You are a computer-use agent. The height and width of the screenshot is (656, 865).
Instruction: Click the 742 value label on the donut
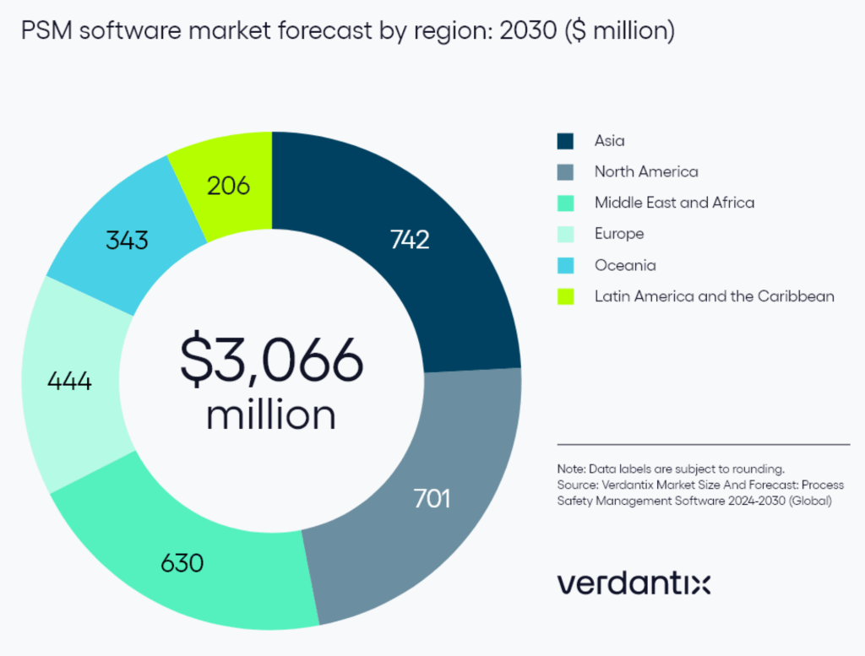point(410,240)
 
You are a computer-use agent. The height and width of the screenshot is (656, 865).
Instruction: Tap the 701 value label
point(432,498)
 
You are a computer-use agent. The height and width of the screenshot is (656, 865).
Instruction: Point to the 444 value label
point(68,381)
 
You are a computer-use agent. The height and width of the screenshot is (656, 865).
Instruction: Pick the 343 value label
point(127,240)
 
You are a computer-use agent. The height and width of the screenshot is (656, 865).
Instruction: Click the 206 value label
point(228,185)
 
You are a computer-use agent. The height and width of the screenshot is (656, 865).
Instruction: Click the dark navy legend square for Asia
point(565,141)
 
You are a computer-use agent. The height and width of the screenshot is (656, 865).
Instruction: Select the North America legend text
point(646,172)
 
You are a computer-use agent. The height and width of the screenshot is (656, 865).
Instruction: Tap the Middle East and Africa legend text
point(674,203)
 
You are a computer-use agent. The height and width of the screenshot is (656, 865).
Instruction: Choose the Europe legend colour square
point(565,234)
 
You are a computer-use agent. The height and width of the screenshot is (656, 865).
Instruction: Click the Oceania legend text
point(625,265)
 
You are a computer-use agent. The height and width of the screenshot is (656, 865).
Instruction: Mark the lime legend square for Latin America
point(565,296)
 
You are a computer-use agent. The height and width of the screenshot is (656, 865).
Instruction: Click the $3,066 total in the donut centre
point(271,361)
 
